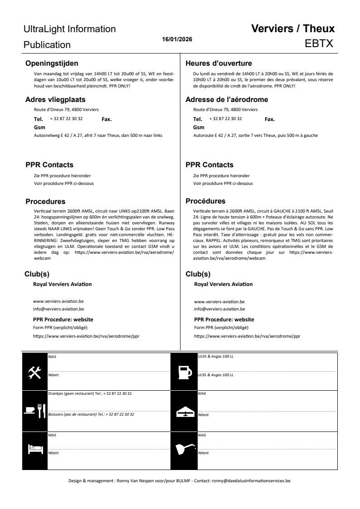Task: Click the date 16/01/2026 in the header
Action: click(177, 39)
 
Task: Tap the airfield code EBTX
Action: click(320, 44)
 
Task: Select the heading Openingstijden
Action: click(52, 63)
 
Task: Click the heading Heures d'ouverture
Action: click(219, 63)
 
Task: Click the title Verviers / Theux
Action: click(293, 29)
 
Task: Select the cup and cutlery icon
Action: click(34, 410)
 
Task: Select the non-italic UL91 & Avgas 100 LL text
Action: click(216, 356)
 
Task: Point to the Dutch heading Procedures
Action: click(45, 201)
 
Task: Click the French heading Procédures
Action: click(205, 201)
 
